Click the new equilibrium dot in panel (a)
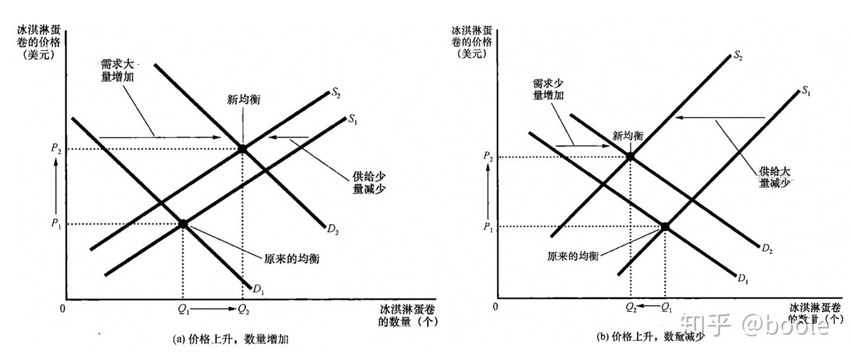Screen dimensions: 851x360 pos(242,148)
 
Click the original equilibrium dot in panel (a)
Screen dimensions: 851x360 pos(183,224)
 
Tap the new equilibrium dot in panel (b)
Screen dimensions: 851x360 pos(631,157)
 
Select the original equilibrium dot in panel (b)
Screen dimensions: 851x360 pos(665,226)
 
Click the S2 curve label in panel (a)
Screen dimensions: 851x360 pos(338,94)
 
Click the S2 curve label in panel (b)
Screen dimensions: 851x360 pos(738,57)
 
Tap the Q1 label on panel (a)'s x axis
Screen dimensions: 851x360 pos(183,309)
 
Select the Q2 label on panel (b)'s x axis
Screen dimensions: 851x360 pos(631,308)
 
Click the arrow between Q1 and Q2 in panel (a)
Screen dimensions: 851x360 pos(212,309)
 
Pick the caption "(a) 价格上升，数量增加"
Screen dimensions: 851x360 pos(231,340)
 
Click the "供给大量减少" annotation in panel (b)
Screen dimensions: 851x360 pos(775,177)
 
